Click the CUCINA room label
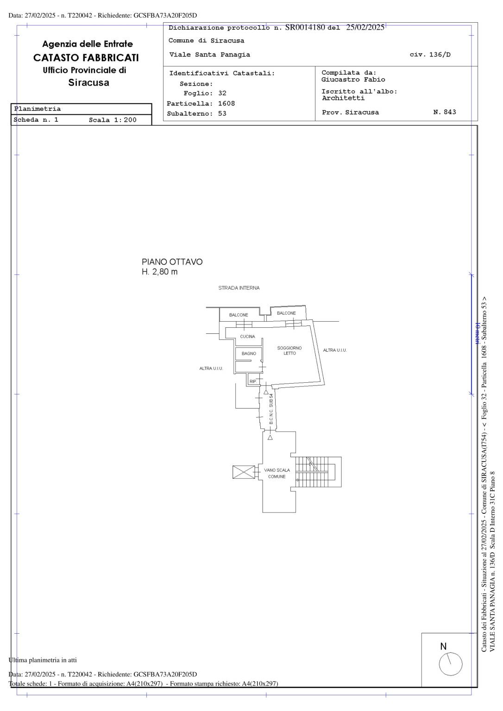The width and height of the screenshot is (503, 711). pyautogui.click(x=247, y=337)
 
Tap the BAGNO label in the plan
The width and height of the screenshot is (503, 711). pyautogui.click(x=249, y=353)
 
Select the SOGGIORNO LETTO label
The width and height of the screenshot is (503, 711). pyautogui.click(x=289, y=350)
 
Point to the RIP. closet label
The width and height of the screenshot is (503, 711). pyautogui.click(x=253, y=381)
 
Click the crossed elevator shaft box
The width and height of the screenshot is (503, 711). pyautogui.click(x=244, y=472)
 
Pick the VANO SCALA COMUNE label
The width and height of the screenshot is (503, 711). pyautogui.click(x=277, y=473)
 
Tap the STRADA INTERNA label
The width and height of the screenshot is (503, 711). pyautogui.click(x=239, y=288)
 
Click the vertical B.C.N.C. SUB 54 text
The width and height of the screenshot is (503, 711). pyautogui.click(x=271, y=409)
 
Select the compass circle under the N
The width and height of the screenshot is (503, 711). pyautogui.click(x=451, y=664)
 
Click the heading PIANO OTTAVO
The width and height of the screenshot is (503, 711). pyautogui.click(x=172, y=262)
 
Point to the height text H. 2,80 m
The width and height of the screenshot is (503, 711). pyautogui.click(x=159, y=272)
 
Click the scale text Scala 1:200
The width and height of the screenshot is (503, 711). pyautogui.click(x=113, y=120)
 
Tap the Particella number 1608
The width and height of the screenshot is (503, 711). pyautogui.click(x=226, y=104)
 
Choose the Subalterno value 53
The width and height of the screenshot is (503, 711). pyautogui.click(x=222, y=113)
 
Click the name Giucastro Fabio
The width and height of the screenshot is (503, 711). pyautogui.click(x=353, y=80)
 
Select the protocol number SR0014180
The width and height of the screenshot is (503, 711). pyautogui.click(x=305, y=27)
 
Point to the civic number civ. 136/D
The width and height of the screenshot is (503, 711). pyautogui.click(x=430, y=55)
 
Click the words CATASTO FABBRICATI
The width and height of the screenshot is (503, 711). pyautogui.click(x=86, y=58)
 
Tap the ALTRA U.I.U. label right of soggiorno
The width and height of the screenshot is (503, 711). pyautogui.click(x=335, y=350)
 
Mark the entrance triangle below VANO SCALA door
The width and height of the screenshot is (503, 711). pyautogui.click(x=270, y=437)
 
